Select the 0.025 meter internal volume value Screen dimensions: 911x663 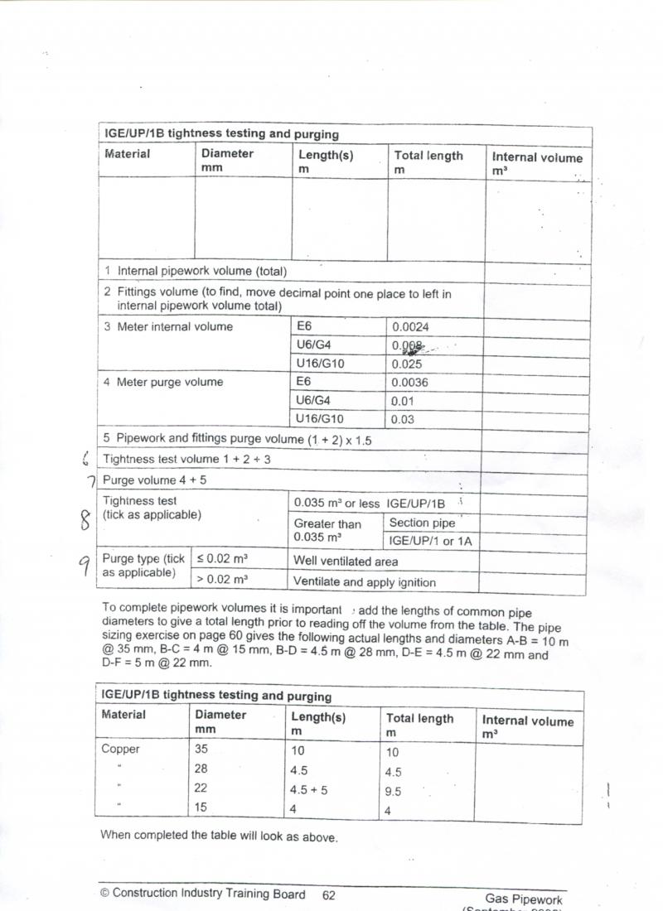(x=406, y=364)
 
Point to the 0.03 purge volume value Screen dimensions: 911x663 (x=402, y=419)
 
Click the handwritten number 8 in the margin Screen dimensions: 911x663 (x=84, y=519)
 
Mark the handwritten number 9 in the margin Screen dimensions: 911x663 (x=84, y=565)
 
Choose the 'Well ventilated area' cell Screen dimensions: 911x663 (x=346, y=562)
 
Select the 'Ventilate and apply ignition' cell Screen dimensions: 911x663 (x=365, y=582)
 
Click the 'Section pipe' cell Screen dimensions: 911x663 (x=422, y=523)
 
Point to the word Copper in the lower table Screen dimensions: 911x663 (x=121, y=750)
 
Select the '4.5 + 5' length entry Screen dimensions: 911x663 (x=309, y=790)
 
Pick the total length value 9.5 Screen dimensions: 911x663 (x=393, y=792)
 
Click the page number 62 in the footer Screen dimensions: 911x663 (x=329, y=894)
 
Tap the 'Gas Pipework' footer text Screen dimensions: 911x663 (x=524, y=899)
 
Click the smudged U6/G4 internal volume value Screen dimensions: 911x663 (x=407, y=346)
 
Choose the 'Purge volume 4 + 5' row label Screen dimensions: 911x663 (x=156, y=480)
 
